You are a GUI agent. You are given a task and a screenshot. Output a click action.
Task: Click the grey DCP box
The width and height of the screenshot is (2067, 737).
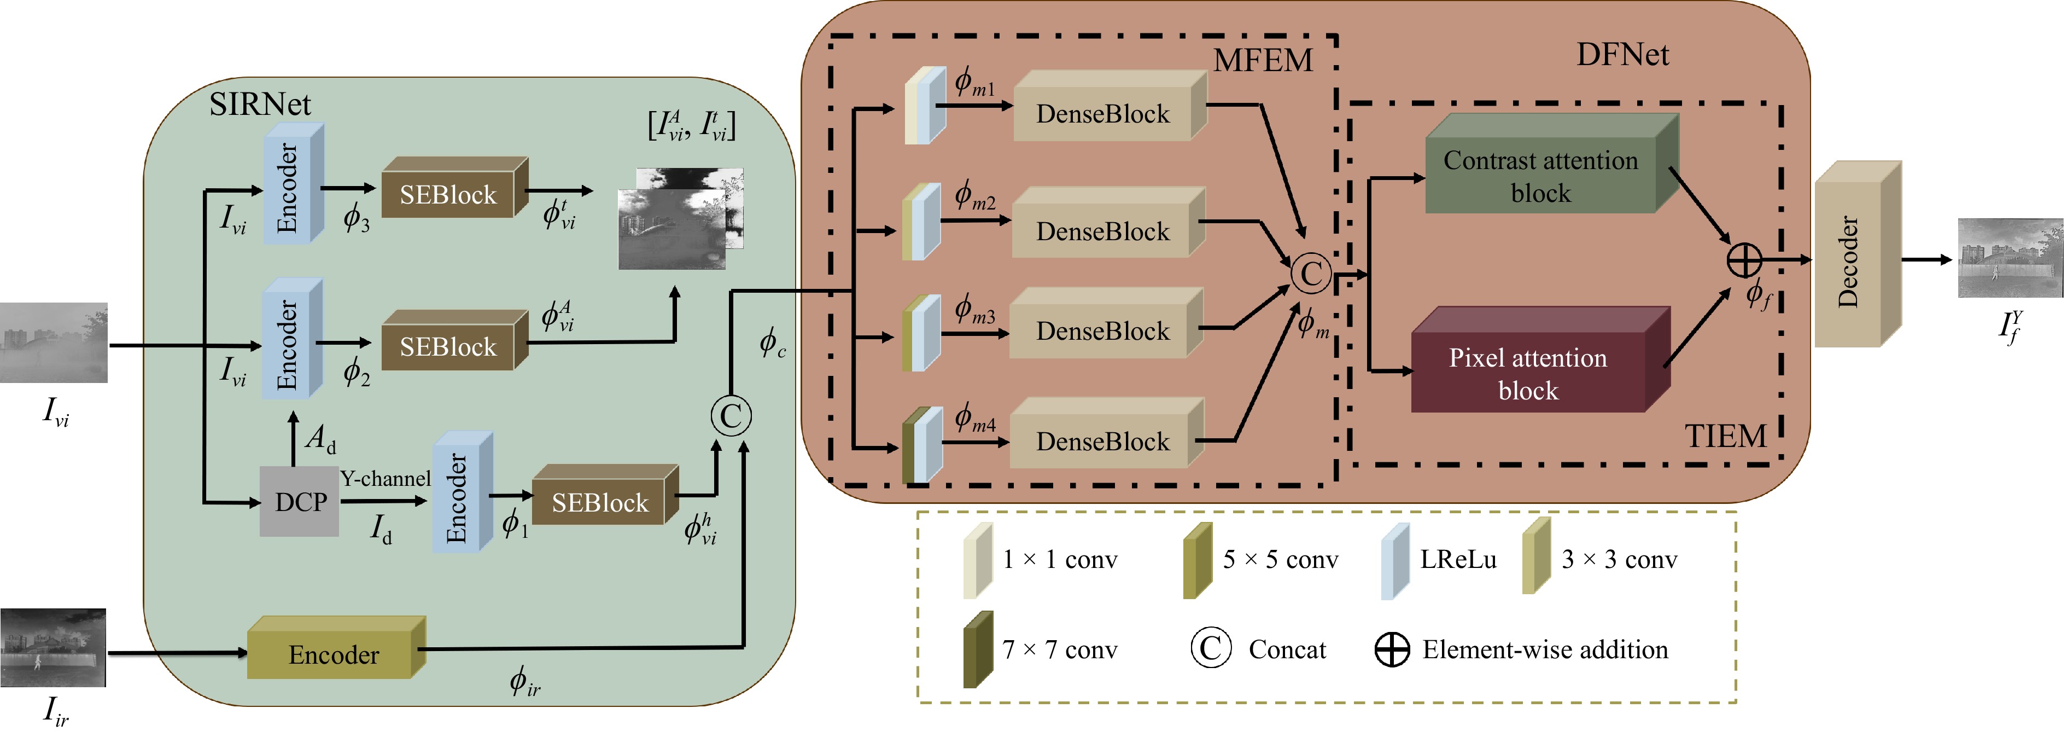tap(299, 502)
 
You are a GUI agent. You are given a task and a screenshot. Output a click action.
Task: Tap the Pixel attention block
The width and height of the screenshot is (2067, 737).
tap(1528, 373)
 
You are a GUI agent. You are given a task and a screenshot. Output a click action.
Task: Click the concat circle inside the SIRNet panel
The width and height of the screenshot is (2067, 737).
tap(730, 416)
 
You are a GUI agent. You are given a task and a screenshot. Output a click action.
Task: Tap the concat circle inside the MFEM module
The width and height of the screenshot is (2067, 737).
tap(1310, 273)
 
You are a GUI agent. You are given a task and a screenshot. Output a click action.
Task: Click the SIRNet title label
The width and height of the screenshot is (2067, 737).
tap(259, 105)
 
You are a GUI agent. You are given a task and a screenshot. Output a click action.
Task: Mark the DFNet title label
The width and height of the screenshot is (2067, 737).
tap(1622, 55)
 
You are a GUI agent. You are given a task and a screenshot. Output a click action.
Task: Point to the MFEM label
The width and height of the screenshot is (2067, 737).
tap(1262, 60)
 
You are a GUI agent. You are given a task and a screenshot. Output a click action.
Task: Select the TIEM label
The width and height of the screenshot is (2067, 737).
tap(1725, 436)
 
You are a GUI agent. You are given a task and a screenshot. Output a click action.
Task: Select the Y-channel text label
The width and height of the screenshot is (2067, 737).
tap(385, 479)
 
